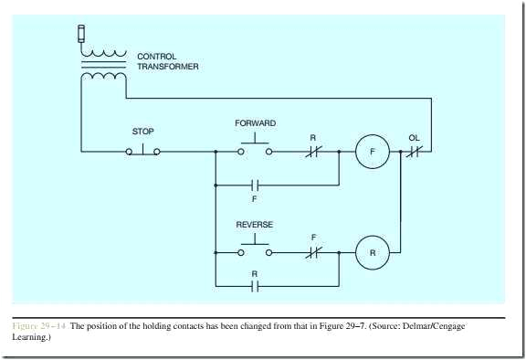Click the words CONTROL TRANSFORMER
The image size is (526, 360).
click(168, 61)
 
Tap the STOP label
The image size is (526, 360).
click(143, 132)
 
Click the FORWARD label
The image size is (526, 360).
click(255, 122)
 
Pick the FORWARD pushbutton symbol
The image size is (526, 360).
click(255, 147)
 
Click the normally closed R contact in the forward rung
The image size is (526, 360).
click(313, 151)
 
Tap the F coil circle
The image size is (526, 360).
click(373, 151)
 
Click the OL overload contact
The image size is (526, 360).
click(413, 151)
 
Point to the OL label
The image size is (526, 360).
click(414, 138)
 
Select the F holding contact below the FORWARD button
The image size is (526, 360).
click(256, 185)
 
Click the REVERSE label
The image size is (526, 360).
click(255, 225)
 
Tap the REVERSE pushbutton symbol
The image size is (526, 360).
click(255, 248)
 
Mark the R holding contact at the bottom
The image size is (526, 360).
click(256, 286)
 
